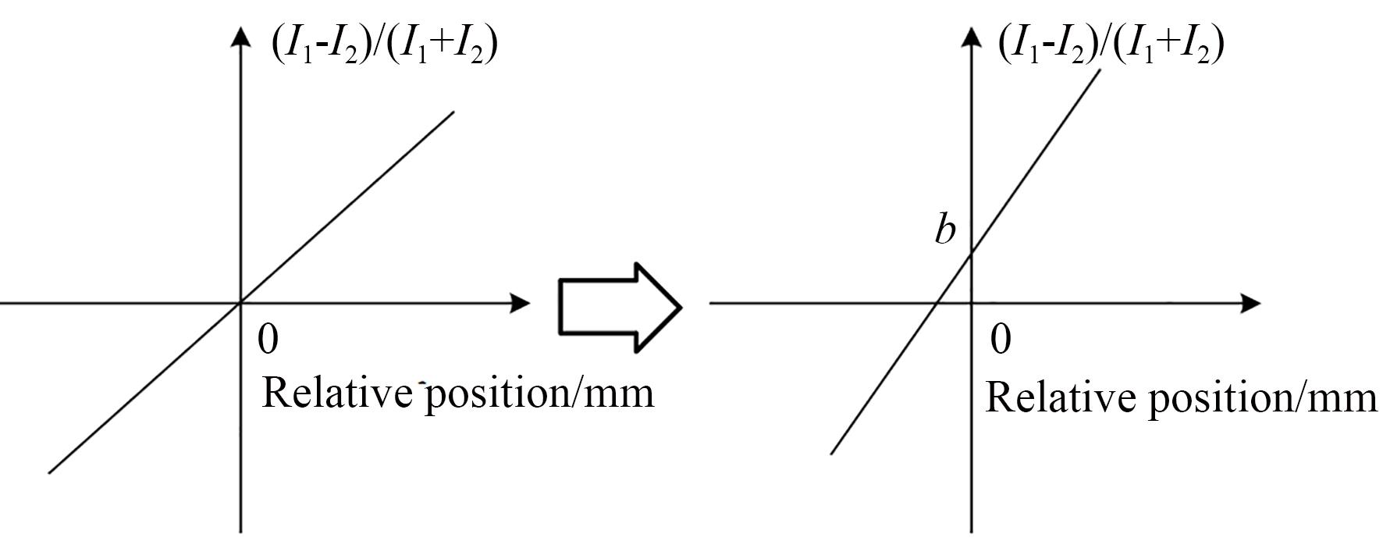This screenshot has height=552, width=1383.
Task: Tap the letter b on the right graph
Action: [945, 230]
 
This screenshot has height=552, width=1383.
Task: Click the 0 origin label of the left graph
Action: [268, 339]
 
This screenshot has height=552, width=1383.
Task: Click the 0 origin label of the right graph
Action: [1001, 339]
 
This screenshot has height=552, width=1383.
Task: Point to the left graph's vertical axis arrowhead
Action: [241, 37]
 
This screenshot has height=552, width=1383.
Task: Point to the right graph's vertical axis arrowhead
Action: [972, 37]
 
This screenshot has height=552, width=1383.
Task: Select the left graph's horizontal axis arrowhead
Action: [520, 303]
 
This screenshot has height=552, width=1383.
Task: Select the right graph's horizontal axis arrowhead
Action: [1250, 303]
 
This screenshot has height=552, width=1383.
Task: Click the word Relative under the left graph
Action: [336, 392]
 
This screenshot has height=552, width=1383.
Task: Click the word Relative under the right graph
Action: [1061, 397]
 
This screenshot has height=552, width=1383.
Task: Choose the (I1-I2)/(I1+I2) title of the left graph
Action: [384, 45]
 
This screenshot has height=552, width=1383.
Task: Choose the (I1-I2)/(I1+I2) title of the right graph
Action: [1111, 45]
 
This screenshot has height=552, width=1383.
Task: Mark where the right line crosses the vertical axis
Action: [972, 253]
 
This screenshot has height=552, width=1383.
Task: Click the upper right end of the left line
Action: [453, 112]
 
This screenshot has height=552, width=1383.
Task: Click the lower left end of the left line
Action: [50, 472]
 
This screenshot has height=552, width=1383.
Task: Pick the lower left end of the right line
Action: [832, 452]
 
